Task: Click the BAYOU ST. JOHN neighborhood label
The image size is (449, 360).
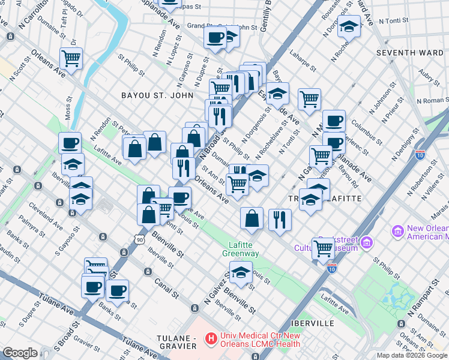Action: coord(157,95)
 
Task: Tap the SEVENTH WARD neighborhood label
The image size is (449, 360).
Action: coord(410,53)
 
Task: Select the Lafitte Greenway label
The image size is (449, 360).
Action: coord(243,249)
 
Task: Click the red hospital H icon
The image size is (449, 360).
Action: coord(211,339)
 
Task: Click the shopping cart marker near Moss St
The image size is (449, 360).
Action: coord(71,59)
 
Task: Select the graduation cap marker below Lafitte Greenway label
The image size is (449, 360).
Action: coord(241,273)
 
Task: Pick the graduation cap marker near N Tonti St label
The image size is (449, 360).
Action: coord(348,26)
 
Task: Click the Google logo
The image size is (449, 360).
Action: coord(20,353)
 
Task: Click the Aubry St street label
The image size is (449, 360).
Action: coord(427,75)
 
